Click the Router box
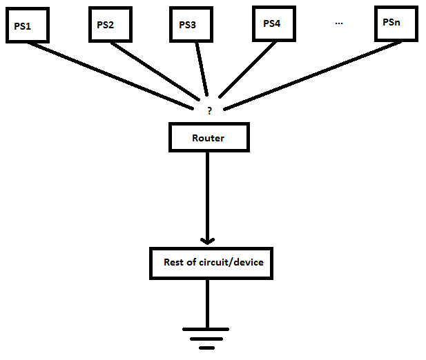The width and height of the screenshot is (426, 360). [x=209, y=138]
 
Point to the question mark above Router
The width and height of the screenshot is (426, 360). [x=209, y=110]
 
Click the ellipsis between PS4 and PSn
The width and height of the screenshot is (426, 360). [x=339, y=23]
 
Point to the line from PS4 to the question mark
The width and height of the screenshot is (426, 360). [x=245, y=69]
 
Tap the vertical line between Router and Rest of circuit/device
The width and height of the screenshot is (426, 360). [x=207, y=193]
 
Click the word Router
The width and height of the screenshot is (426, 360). [x=209, y=138]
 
